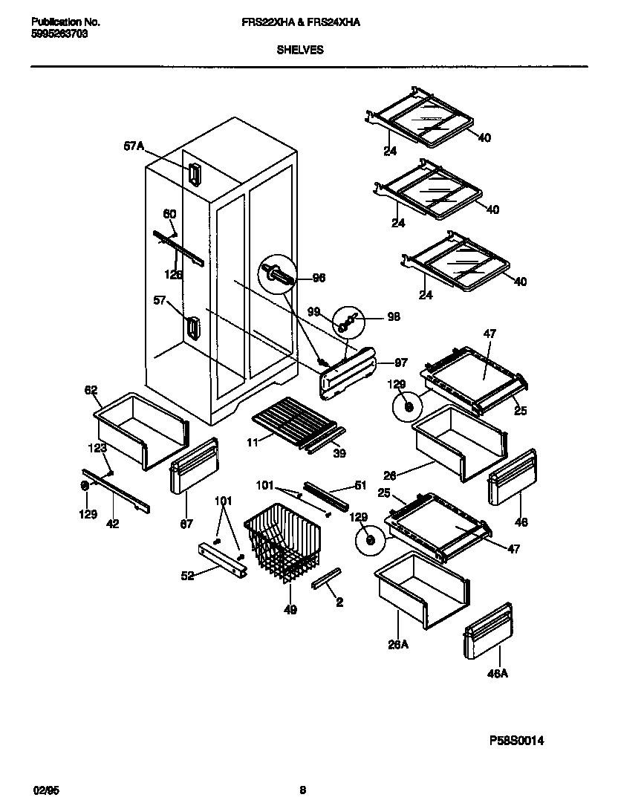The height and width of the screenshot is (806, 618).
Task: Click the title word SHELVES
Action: tap(300, 51)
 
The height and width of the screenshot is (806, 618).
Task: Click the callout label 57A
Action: tap(133, 147)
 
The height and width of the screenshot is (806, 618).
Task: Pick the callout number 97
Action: tap(400, 363)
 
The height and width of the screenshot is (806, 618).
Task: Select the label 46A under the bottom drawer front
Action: tap(498, 674)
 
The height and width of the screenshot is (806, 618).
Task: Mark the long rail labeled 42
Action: tap(116, 491)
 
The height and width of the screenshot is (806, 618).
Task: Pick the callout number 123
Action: tap(98, 448)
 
